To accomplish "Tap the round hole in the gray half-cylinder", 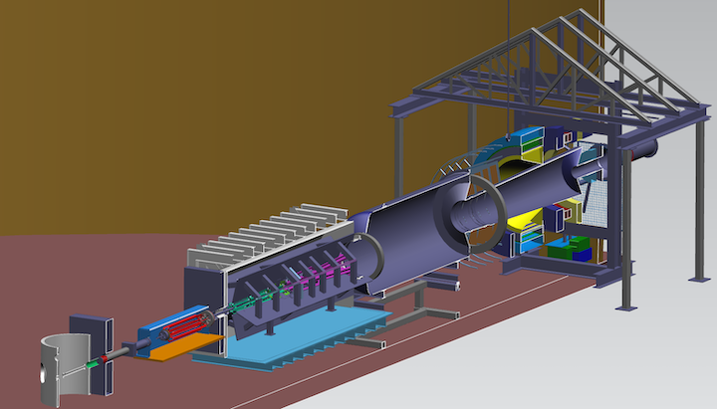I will (42, 376).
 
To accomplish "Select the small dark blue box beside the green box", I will (553, 251).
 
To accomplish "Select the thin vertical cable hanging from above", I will (510, 60).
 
